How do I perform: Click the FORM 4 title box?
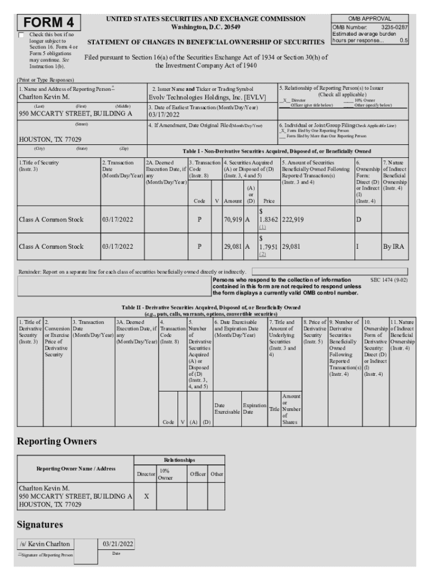click(49, 23)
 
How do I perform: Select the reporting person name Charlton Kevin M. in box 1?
click(42, 96)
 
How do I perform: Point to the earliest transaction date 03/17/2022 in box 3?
click(164, 114)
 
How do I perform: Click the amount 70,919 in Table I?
click(232, 220)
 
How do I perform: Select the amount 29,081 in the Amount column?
click(232, 246)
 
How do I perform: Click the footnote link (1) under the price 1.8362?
click(262, 228)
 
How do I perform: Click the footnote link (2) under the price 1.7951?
click(262, 254)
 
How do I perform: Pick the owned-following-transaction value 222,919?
click(293, 220)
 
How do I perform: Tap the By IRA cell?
click(393, 246)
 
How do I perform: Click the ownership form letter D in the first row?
click(359, 220)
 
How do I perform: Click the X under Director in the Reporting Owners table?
click(146, 495)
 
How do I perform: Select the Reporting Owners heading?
click(57, 441)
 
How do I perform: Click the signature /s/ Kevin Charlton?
click(45, 544)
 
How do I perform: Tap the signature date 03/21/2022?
click(116, 544)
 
